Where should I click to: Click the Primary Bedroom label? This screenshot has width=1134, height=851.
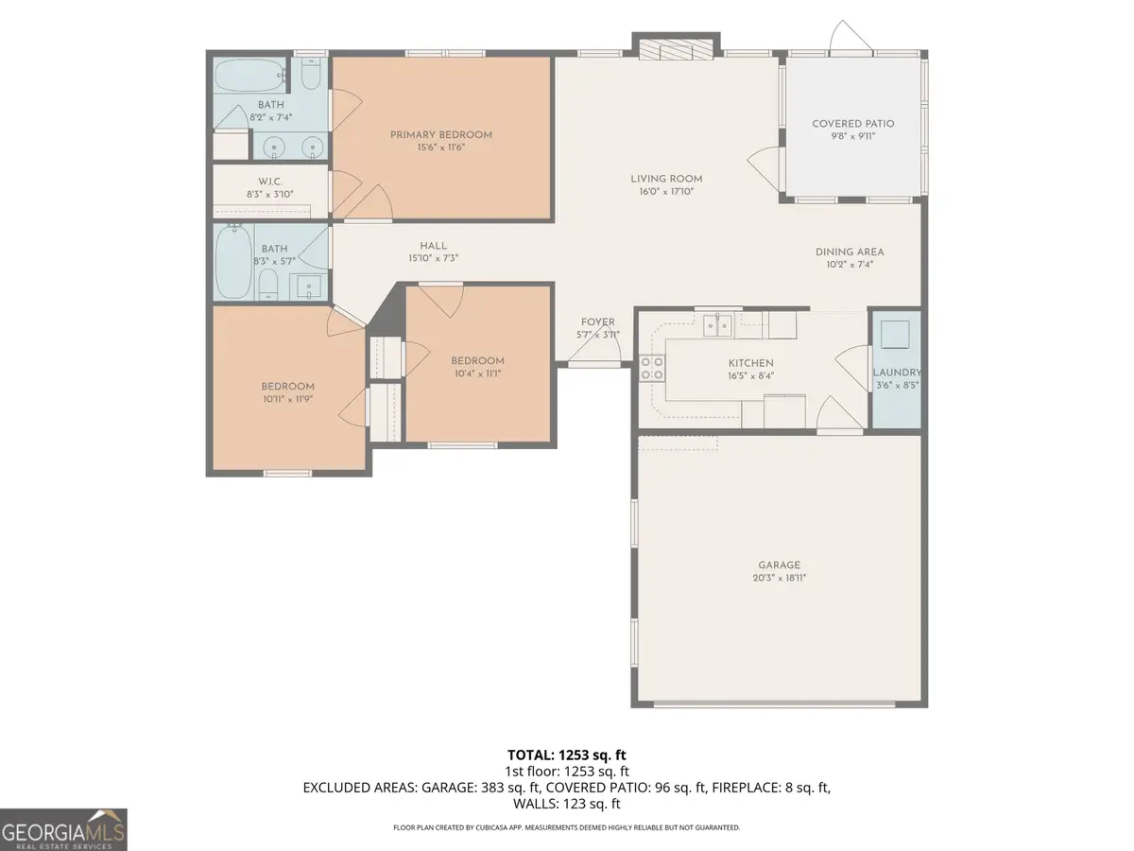pos(441,135)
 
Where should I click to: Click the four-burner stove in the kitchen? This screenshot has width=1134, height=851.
pos(651,368)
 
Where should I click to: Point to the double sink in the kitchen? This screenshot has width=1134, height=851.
pos(716,326)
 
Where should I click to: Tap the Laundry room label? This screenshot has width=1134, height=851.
pos(896,373)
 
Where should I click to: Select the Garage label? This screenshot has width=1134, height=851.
pos(779,565)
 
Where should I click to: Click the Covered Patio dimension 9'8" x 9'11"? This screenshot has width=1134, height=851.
pos(852,136)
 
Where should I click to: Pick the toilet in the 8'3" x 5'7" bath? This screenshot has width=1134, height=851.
pos(267,283)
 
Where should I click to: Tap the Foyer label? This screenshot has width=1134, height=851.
pos(597,322)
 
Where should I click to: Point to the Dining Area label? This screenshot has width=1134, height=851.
pos(850,252)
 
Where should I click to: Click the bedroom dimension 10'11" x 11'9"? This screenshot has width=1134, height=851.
pos(287,399)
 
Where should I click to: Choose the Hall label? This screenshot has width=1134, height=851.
pos(434,246)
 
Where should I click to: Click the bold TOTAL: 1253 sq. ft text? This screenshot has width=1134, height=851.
pos(566,755)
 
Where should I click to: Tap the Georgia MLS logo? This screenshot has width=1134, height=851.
pos(63,829)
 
